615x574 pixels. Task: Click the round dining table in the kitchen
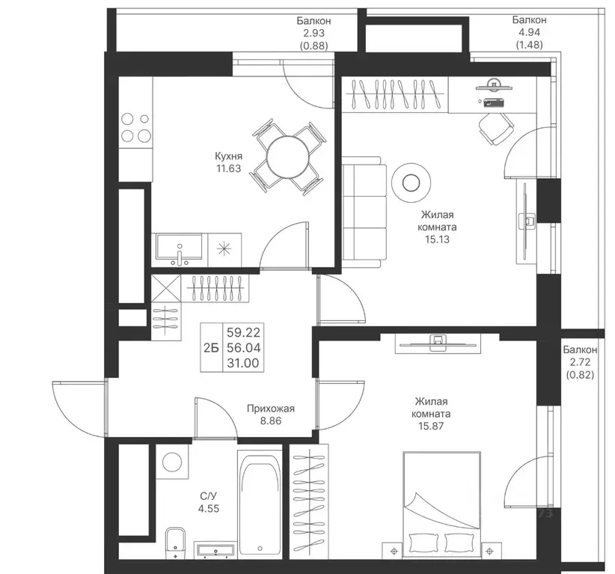[288, 158]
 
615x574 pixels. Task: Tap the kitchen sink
[180, 247]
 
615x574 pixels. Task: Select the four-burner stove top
[135, 127]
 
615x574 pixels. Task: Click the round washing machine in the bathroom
[172, 462]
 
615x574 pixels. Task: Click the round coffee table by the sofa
[411, 183]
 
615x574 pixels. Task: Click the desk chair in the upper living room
[496, 128]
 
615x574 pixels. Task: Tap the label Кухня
[229, 156]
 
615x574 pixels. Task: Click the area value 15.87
[431, 426]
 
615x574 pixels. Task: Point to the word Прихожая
[271, 409]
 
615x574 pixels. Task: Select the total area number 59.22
[244, 333]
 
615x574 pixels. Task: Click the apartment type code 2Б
[211, 347]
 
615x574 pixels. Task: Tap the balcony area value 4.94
[529, 32]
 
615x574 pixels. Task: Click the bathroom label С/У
[208, 496]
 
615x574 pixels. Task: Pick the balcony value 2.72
[579, 362]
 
